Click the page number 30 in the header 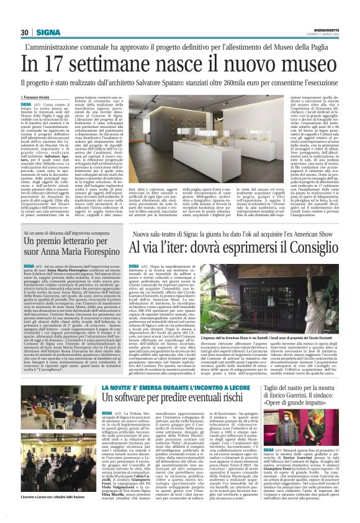tap(25, 32)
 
